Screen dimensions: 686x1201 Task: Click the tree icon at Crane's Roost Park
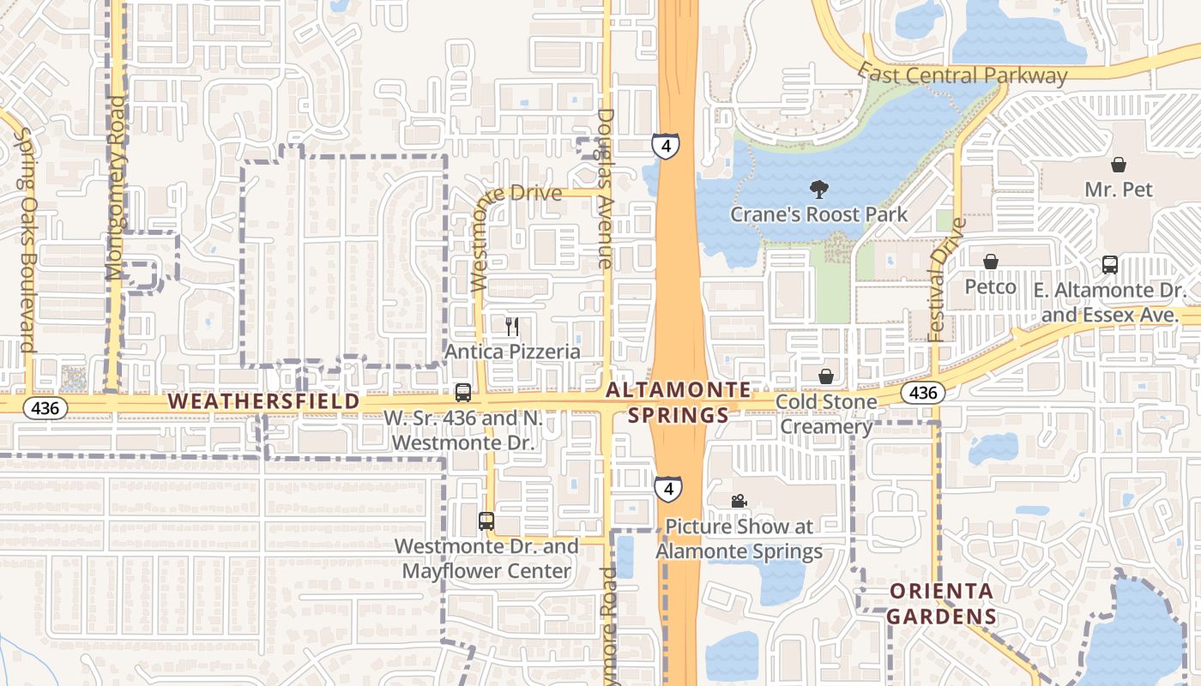point(818,189)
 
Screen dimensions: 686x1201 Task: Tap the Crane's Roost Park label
point(818,214)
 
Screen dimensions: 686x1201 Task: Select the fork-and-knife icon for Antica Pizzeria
point(512,326)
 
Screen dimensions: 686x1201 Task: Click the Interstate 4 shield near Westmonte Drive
point(665,145)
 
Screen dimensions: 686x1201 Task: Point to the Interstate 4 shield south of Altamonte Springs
point(668,489)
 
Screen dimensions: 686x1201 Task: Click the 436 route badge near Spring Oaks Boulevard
point(45,408)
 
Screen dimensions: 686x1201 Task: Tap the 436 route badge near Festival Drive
point(922,394)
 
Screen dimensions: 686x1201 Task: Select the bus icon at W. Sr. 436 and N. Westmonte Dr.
point(463,393)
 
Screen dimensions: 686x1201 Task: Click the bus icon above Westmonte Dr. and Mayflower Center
point(486,521)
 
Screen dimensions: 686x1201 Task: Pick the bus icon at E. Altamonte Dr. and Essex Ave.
point(1109,265)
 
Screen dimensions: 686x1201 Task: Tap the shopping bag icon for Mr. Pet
point(1119,164)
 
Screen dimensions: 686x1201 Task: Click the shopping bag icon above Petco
point(991,262)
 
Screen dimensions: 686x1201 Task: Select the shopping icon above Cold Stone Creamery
point(826,376)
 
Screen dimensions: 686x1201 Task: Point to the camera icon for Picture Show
point(739,501)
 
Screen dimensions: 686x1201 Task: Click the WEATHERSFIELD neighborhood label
point(264,401)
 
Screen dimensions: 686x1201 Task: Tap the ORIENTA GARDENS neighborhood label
point(941,604)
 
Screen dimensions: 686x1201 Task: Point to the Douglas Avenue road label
point(606,189)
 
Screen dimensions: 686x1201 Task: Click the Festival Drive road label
point(946,279)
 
